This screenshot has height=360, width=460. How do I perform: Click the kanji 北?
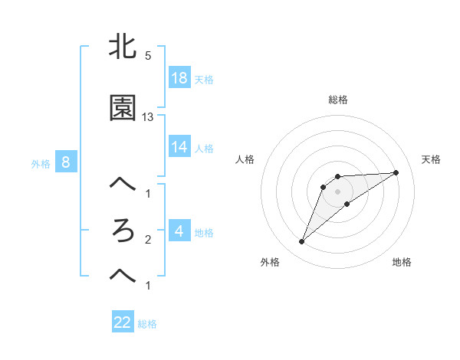pyautogui.click(x=123, y=47)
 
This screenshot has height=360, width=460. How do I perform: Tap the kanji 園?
pyautogui.click(x=123, y=108)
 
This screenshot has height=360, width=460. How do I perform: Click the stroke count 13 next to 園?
pyautogui.click(x=148, y=117)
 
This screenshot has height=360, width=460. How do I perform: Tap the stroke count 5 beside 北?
pyautogui.click(x=148, y=56)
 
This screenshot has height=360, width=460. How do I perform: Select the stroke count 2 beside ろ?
pyautogui.click(x=148, y=240)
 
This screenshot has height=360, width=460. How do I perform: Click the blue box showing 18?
pyautogui.click(x=179, y=78)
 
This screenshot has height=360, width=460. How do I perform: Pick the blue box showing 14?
pyautogui.click(x=179, y=148)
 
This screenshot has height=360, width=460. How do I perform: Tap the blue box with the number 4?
pyautogui.click(x=179, y=231)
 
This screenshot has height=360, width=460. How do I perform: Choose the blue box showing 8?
pyautogui.click(x=66, y=162)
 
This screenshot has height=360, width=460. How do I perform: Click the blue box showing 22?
pyautogui.click(x=123, y=322)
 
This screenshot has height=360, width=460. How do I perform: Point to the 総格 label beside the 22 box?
pyautogui.click(x=147, y=324)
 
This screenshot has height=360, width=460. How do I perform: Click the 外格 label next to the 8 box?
pyautogui.click(x=41, y=163)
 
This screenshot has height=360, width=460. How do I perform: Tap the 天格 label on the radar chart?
pyautogui.click(x=432, y=159)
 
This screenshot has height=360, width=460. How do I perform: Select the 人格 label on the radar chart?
pyautogui.click(x=245, y=159)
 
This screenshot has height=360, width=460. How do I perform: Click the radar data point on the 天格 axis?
pyautogui.click(x=396, y=172)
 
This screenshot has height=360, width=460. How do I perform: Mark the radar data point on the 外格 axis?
pyautogui.click(x=301, y=242)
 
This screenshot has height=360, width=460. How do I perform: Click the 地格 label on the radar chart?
pyautogui.click(x=402, y=262)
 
